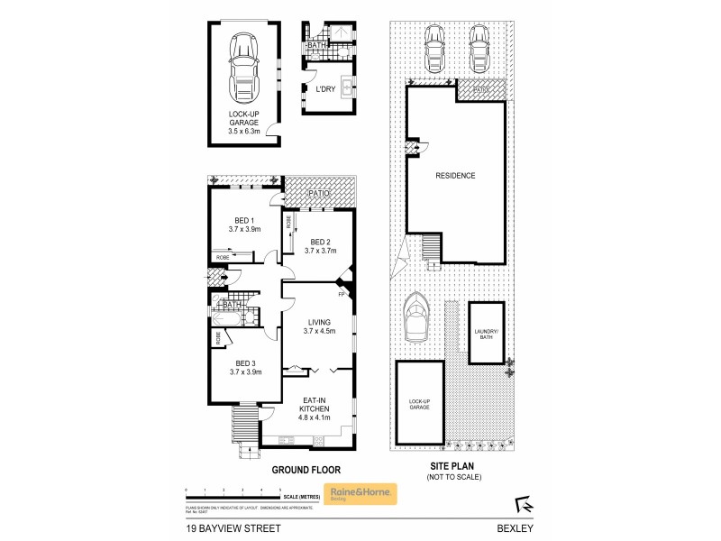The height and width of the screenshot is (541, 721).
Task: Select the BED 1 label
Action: [245, 221]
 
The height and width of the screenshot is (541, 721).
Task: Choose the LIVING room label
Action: [318, 322]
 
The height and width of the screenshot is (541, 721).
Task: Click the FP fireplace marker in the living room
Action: [342, 294]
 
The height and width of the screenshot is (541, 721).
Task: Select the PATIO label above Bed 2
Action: [318, 194]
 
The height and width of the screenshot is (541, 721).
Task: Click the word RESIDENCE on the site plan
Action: [455, 176]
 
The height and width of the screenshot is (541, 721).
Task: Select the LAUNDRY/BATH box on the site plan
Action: [486, 332]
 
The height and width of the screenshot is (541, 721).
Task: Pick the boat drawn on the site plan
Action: [417, 318]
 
